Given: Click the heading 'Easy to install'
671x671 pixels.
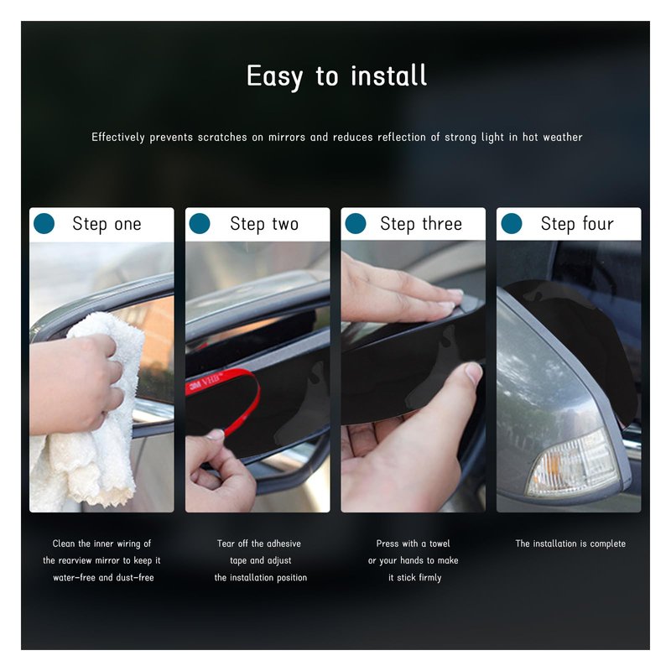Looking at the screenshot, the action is coord(337,76).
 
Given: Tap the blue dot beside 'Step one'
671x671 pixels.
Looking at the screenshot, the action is coord(44,223).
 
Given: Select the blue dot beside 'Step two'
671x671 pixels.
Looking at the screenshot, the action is coord(200,223).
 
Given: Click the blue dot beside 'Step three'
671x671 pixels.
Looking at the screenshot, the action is coord(356,223).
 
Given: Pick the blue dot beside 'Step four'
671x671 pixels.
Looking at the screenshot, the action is coord(512,223).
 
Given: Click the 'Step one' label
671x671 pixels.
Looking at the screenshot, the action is coord(107,224).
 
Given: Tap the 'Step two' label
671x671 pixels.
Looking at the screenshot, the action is coord(264,224).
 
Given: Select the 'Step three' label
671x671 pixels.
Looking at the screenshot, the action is coord(421,224).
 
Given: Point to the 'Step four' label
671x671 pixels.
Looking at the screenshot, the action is coord(577,224).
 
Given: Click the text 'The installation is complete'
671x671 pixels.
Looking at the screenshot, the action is coord(570,544).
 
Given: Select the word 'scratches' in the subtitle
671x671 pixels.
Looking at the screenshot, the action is coord(222,137).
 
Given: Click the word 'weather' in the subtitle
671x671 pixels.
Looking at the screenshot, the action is coord(563,137).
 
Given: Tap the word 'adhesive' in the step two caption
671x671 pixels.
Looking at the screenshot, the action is coord(283,544).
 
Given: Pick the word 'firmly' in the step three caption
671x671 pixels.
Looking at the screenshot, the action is coord(430,578).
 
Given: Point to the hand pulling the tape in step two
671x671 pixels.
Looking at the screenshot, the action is coord(218,471).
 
